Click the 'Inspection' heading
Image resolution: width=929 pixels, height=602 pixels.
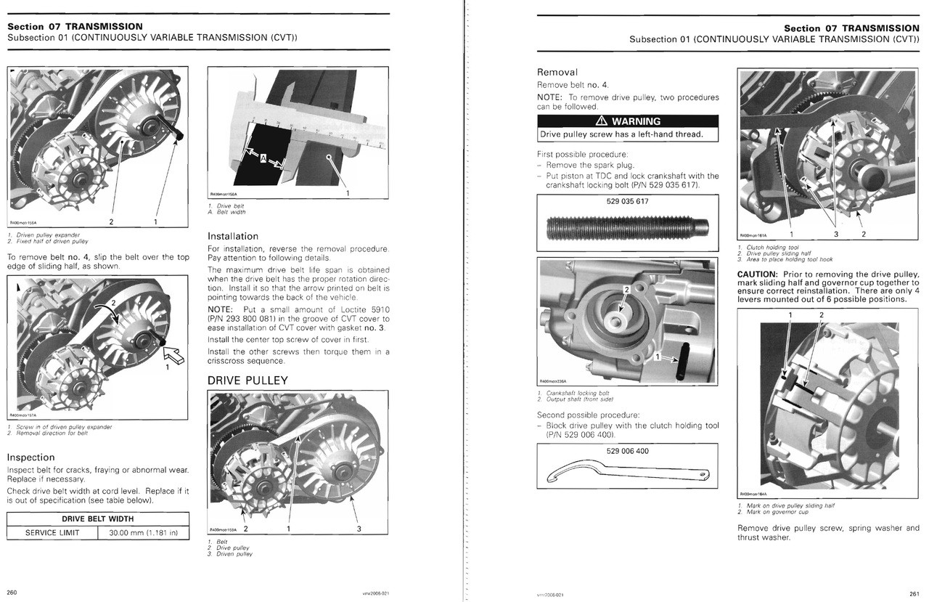[30, 457]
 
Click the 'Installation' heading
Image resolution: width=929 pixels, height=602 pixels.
[232, 236]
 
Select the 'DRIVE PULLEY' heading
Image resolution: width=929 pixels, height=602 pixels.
[247, 381]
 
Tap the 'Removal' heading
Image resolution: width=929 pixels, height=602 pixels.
[557, 72]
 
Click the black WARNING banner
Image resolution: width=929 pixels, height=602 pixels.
[627, 121]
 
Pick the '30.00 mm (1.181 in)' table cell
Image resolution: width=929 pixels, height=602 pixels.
[143, 532]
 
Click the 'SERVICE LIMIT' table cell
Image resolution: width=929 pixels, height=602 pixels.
[52, 532]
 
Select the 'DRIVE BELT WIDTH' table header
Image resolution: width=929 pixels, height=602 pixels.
[97, 518]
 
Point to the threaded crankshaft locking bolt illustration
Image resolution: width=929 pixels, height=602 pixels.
[627, 231]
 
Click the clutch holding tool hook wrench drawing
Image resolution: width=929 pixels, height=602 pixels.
[627, 474]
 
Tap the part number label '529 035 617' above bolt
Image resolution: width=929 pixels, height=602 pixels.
[627, 202]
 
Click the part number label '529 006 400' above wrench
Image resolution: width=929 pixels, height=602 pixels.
[627, 451]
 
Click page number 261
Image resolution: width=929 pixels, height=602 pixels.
[913, 593]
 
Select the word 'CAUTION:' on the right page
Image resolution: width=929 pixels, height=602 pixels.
[761, 274]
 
